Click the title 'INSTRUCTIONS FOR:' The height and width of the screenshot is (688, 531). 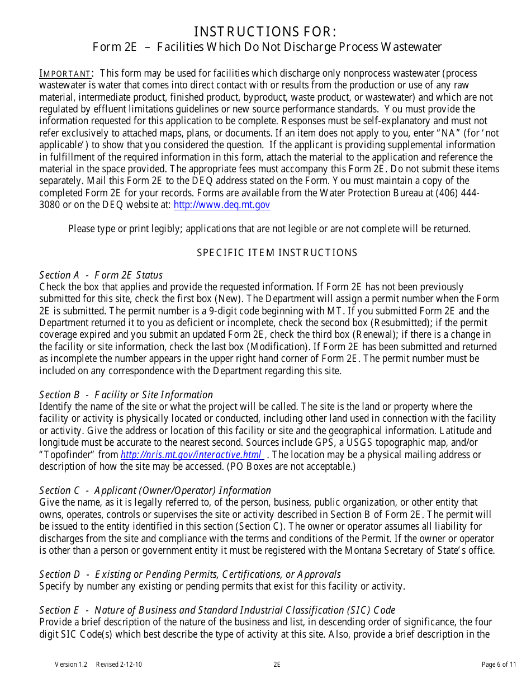tap(265, 31)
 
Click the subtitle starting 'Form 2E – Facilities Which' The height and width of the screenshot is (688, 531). tap(267, 47)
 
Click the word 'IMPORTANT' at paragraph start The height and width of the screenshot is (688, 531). tap(65, 74)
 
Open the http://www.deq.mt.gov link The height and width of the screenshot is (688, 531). tap(222, 205)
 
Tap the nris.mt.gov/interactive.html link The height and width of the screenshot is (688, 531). tap(191, 455)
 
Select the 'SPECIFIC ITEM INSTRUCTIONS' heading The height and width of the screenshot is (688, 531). tap(277, 253)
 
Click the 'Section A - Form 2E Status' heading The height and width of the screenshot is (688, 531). tap(101, 275)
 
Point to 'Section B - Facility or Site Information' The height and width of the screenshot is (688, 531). tap(126, 394)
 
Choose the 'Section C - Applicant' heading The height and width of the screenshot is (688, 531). tap(155, 491)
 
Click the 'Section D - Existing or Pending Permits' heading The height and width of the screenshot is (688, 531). tap(189, 574)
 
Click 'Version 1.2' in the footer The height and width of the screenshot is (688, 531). tap(71, 665)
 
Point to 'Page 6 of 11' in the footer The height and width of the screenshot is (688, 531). tap(499, 665)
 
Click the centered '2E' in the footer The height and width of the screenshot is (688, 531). tap(277, 665)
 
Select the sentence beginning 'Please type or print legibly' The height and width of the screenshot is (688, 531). tap(269, 229)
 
